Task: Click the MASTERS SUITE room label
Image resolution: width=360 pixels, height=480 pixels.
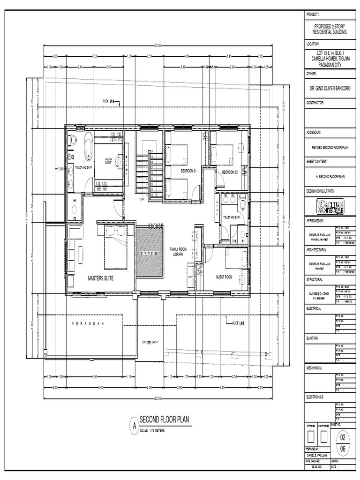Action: [x=100, y=278]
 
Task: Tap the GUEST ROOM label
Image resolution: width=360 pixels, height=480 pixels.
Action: [x=224, y=277]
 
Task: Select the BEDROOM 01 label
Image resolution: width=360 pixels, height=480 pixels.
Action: [x=187, y=172]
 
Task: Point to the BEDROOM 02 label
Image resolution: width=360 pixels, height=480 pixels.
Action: [x=230, y=172]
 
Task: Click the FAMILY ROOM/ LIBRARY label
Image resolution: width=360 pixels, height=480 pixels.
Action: [x=178, y=252]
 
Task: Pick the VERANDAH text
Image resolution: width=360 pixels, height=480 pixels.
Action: [x=90, y=324]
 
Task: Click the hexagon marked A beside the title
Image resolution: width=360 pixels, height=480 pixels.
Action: [x=134, y=426]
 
